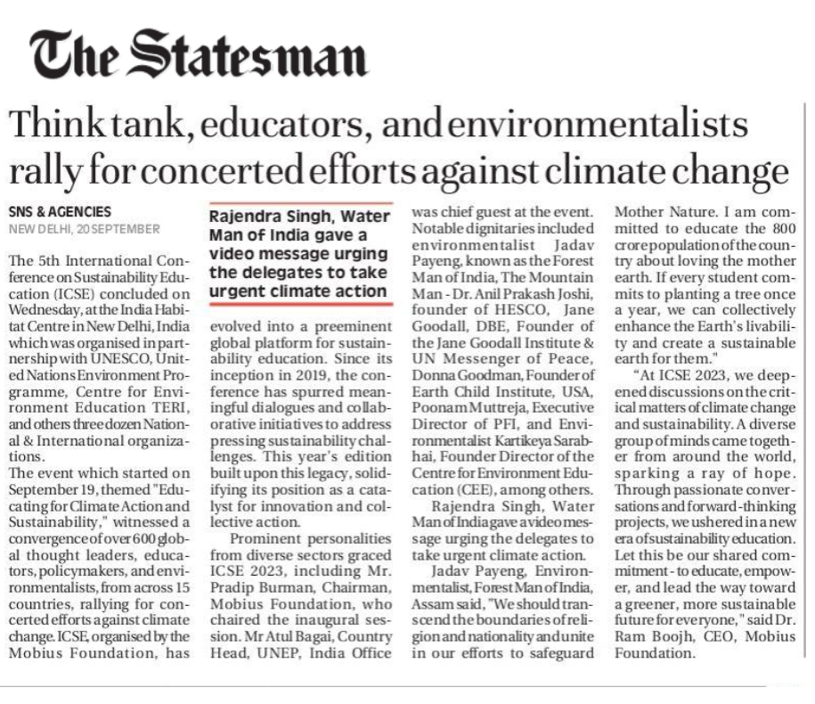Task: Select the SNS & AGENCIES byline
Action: (60, 212)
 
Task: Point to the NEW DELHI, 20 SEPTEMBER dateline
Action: (84, 229)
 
